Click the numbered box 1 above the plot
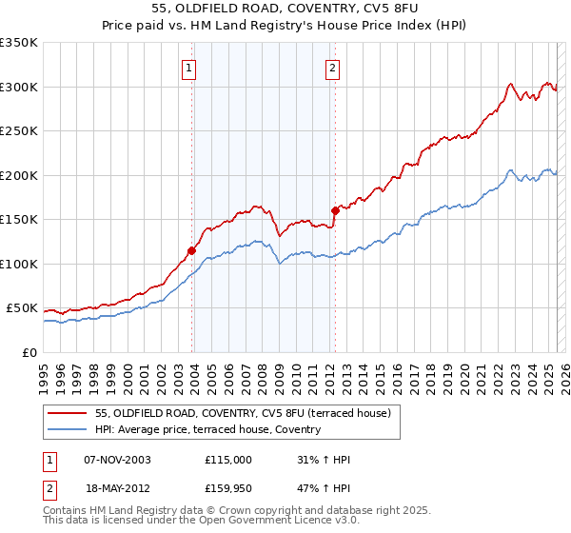point(190,68)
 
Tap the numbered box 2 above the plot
point(332,68)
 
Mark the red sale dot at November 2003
point(192,251)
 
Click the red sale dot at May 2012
point(335,211)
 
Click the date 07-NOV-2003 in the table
point(117,460)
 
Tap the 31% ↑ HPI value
point(324,460)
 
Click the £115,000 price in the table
point(228,460)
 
